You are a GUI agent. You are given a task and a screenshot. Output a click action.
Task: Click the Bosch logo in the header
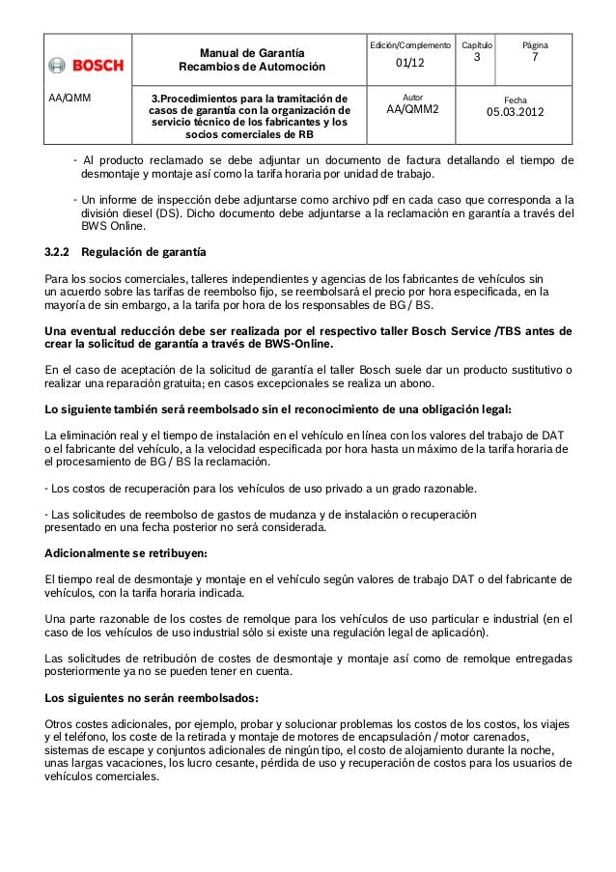[x=87, y=66]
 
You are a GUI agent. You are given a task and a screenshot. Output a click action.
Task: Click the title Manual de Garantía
[x=250, y=51]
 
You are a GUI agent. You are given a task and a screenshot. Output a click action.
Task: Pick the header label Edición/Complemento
[x=410, y=44]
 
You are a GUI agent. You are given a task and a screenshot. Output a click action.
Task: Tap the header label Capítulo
[x=476, y=44]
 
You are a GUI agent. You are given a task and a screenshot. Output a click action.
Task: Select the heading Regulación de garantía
[x=143, y=253]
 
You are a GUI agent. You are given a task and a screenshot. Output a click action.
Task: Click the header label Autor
[x=412, y=98]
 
